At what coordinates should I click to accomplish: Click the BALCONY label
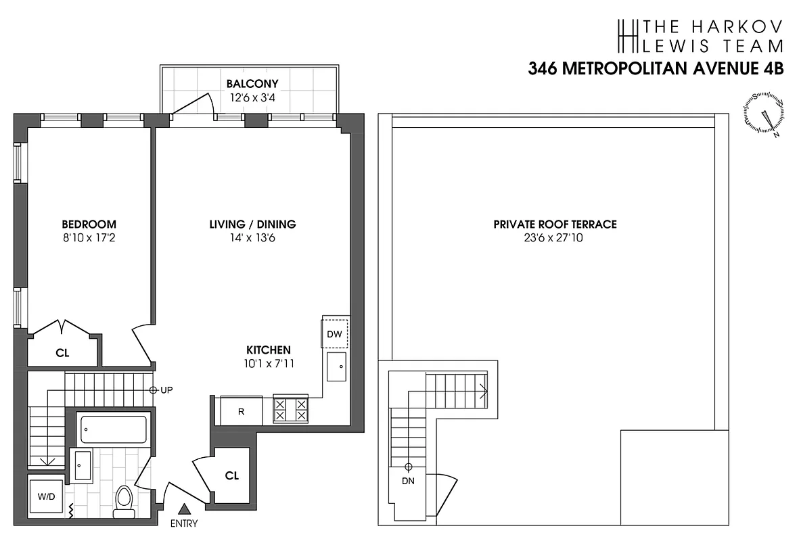point(252,84)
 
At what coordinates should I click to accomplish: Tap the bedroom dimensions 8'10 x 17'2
point(89,238)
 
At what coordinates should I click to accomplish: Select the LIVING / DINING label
point(252,225)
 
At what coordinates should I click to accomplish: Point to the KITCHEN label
point(268,350)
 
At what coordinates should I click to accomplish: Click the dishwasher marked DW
point(335,333)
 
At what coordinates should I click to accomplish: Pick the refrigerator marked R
point(241,410)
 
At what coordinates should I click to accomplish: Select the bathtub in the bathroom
point(114,429)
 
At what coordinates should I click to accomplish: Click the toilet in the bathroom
point(124,501)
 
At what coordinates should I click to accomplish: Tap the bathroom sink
point(83,466)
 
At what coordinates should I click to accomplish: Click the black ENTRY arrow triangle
point(183,509)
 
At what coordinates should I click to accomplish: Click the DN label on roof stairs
point(409,481)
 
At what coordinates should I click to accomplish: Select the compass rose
point(765,113)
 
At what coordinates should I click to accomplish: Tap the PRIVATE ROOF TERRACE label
point(555,225)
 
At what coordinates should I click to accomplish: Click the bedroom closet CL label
point(62,352)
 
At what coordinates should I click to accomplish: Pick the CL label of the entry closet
point(232,475)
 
